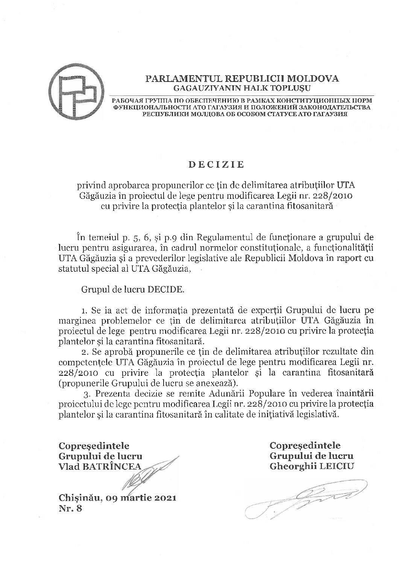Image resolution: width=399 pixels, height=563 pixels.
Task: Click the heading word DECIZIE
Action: pos(216,164)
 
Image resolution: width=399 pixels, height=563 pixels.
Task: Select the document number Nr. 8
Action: pos(70,509)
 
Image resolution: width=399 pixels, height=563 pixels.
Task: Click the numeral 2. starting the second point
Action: pos(84,352)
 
